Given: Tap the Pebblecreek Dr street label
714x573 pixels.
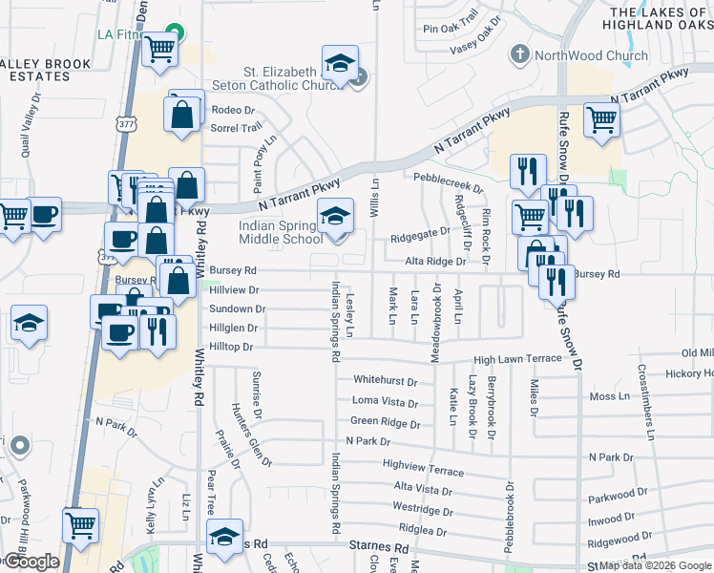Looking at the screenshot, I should click(x=451, y=178).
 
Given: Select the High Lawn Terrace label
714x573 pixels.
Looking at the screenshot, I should click(x=517, y=359).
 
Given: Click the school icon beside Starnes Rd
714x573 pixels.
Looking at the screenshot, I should click(x=224, y=538).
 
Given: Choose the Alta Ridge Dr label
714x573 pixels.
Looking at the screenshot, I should click(x=435, y=261).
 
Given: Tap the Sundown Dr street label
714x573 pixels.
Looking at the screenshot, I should click(x=237, y=308).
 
